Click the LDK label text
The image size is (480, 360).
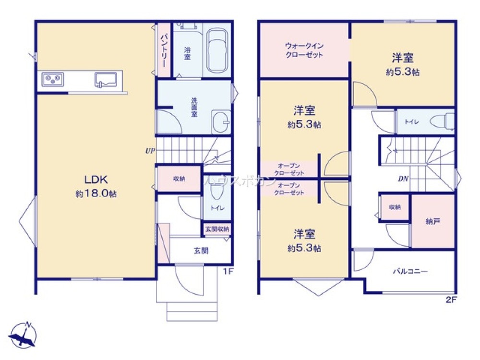pyautogui.click(x=96, y=180)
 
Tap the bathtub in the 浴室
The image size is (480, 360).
pyautogui.click(x=217, y=50)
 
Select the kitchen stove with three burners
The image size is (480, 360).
pyautogui.click(x=53, y=79)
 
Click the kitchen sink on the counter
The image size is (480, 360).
pyautogui.click(x=106, y=80)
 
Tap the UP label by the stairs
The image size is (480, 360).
pyautogui.click(x=150, y=151)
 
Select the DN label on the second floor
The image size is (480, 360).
pyautogui.click(x=403, y=179)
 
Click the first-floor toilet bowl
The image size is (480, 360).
pyautogui.click(x=217, y=190)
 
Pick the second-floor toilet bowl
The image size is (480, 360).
pyautogui.click(x=442, y=121)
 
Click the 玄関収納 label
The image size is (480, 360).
pyautogui.click(x=217, y=229)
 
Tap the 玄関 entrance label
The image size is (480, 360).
pyautogui.click(x=201, y=251)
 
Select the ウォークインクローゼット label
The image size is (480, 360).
pyautogui.click(x=304, y=50)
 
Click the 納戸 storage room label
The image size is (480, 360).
pyautogui.click(x=433, y=221)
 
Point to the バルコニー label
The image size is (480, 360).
pyautogui.click(x=410, y=271)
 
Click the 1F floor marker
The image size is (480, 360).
pyautogui.click(x=228, y=271)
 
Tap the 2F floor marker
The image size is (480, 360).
pyautogui.click(x=451, y=300)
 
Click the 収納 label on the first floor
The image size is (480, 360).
pyautogui.click(x=179, y=179)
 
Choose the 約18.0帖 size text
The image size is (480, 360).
pyautogui.click(x=96, y=194)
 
